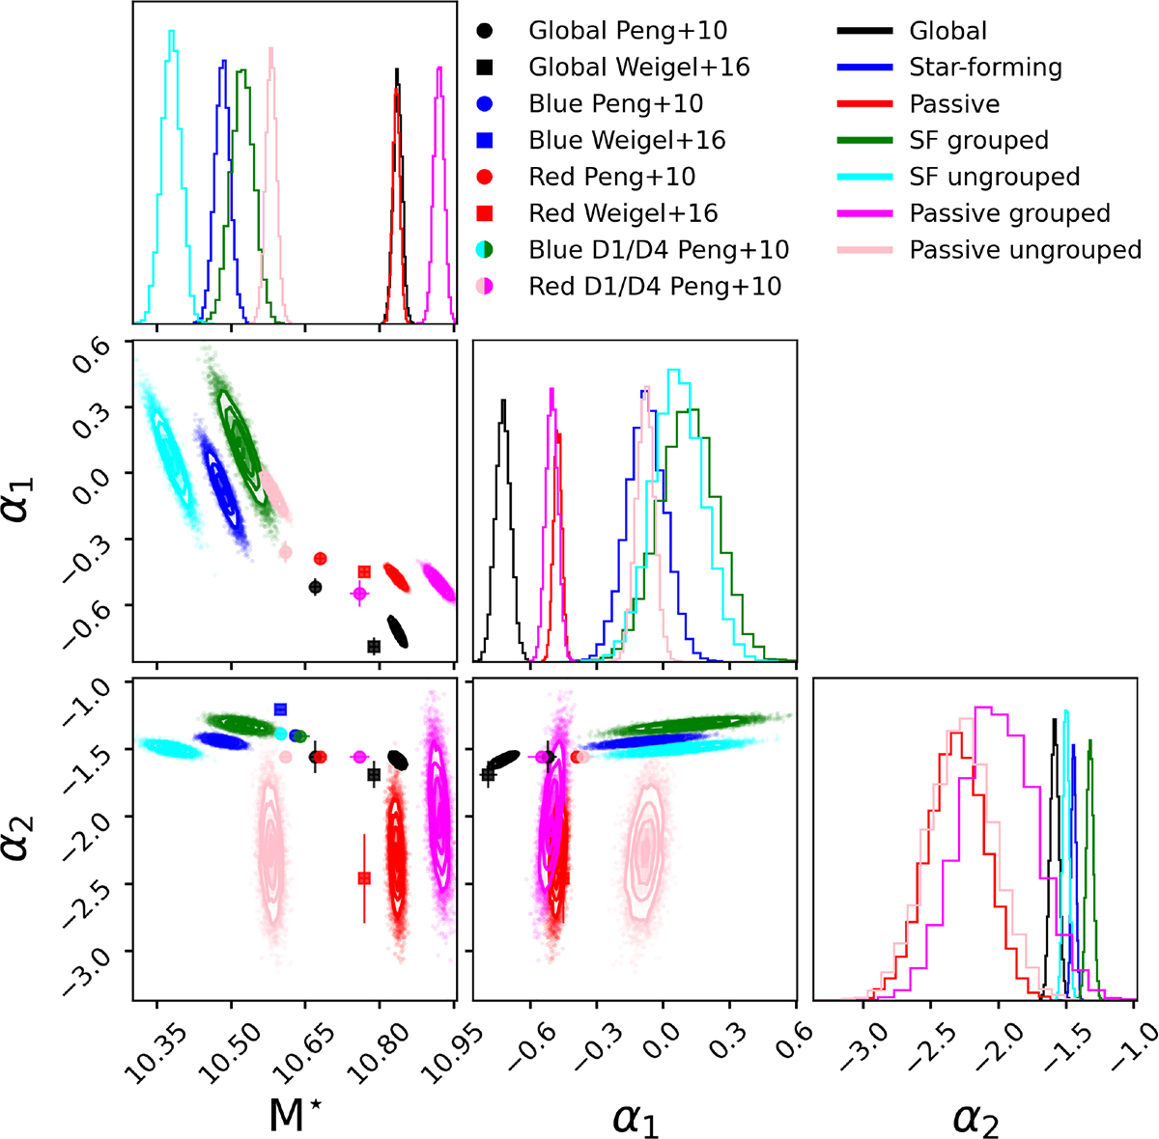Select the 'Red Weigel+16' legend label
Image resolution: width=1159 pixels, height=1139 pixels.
point(623,213)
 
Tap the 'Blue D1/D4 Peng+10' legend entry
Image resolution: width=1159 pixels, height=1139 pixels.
point(658,250)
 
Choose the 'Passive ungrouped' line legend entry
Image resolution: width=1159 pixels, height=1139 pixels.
point(1025,250)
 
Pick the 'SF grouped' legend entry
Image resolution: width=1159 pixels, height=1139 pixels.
point(978,140)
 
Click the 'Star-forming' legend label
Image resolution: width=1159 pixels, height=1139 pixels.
point(985,67)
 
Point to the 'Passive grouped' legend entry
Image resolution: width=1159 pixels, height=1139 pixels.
point(1009,213)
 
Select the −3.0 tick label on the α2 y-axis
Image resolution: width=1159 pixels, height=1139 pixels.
point(94,953)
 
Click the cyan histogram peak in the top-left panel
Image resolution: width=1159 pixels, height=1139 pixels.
point(171,32)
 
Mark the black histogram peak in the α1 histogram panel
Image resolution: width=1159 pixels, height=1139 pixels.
point(502,400)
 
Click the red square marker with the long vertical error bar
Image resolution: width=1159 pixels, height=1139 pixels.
point(364,878)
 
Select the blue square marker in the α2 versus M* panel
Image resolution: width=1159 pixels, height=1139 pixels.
point(281,709)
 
